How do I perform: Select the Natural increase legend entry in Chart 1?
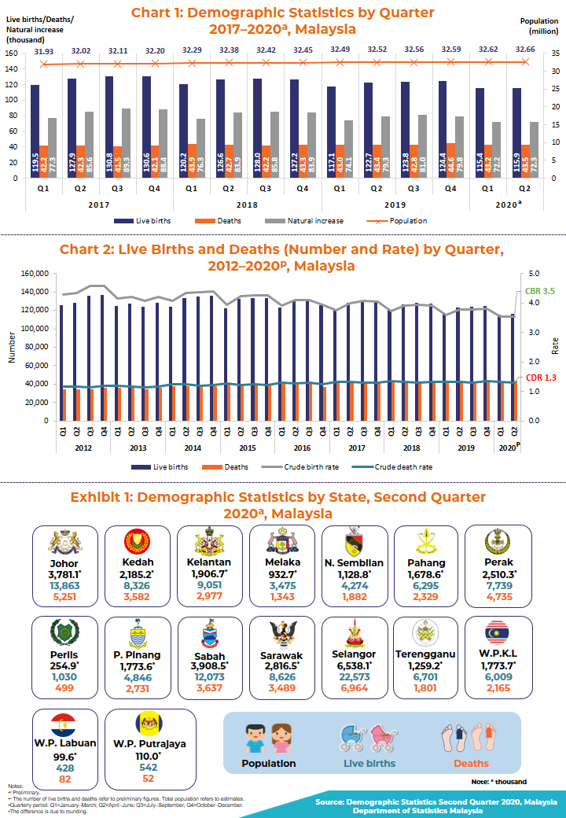(314, 221)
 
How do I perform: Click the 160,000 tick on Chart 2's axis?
(34, 274)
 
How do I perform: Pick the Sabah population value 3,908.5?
(204, 667)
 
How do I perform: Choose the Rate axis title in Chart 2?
(555, 345)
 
